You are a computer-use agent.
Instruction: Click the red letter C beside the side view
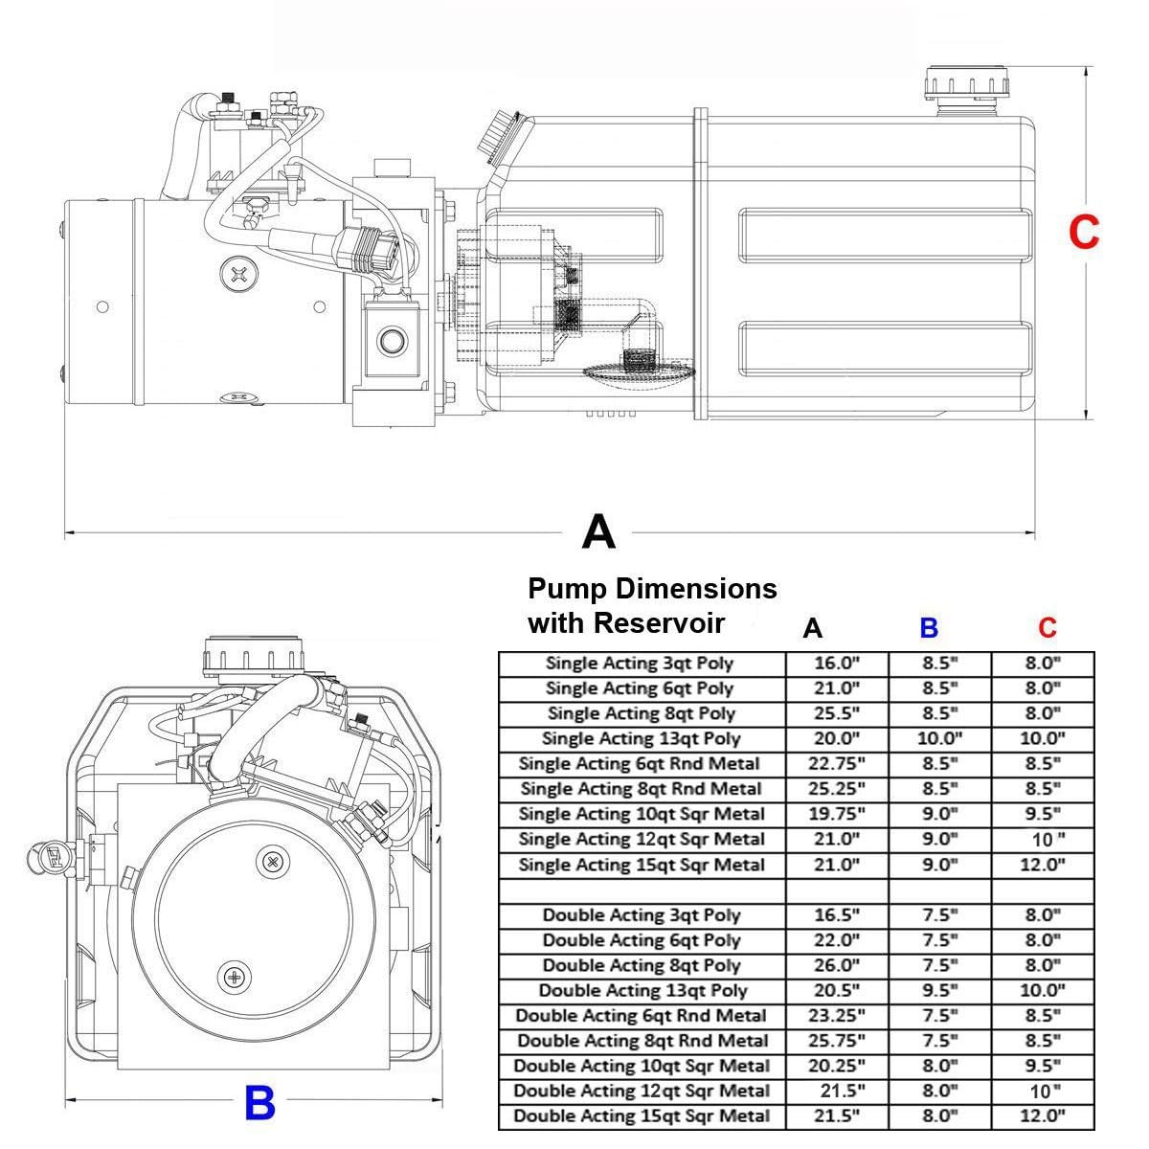[x=1084, y=233]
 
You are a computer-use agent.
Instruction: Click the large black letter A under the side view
[x=598, y=531]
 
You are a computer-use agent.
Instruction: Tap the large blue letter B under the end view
[x=259, y=1104]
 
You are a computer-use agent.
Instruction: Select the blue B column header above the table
[x=929, y=628]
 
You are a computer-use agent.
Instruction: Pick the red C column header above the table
[x=1048, y=628]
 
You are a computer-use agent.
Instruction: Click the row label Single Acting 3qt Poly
[x=640, y=663]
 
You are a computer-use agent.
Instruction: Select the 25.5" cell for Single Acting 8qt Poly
[x=836, y=713]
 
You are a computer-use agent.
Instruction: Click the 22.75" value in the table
[x=836, y=764]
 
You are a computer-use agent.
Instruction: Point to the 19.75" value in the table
[x=836, y=814]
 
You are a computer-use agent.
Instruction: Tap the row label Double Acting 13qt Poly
[x=642, y=990]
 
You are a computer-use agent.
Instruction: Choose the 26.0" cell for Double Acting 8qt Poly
[x=836, y=965]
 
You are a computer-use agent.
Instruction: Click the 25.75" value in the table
[x=836, y=1041]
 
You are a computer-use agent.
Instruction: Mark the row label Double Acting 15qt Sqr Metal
[x=642, y=1115]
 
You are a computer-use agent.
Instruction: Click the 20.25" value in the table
[x=836, y=1066]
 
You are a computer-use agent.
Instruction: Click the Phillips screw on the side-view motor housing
[x=238, y=275]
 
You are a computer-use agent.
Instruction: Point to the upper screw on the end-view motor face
[x=274, y=862]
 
